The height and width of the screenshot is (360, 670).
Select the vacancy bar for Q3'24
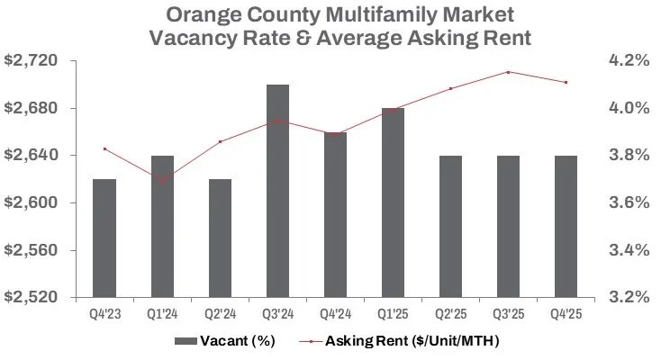pyautogui.click(x=277, y=191)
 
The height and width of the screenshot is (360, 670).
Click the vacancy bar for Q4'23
pyautogui.click(x=104, y=238)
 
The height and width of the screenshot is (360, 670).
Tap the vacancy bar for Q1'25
pyautogui.click(x=393, y=202)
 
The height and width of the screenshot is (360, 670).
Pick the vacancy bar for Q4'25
pyautogui.click(x=565, y=226)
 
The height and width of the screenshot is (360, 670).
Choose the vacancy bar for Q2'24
pyautogui.click(x=220, y=238)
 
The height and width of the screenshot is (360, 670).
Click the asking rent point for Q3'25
pyautogui.click(x=508, y=72)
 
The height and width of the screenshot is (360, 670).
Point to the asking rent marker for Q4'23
pyautogui.click(x=105, y=148)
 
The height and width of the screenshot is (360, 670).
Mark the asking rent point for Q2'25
pyautogui.click(x=450, y=88)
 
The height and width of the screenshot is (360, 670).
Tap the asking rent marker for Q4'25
pyautogui.click(x=565, y=83)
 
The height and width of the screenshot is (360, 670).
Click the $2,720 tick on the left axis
pyautogui.click(x=32, y=60)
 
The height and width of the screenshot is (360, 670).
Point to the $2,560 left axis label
pyautogui.click(x=32, y=249)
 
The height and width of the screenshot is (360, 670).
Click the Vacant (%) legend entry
pyautogui.click(x=226, y=341)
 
